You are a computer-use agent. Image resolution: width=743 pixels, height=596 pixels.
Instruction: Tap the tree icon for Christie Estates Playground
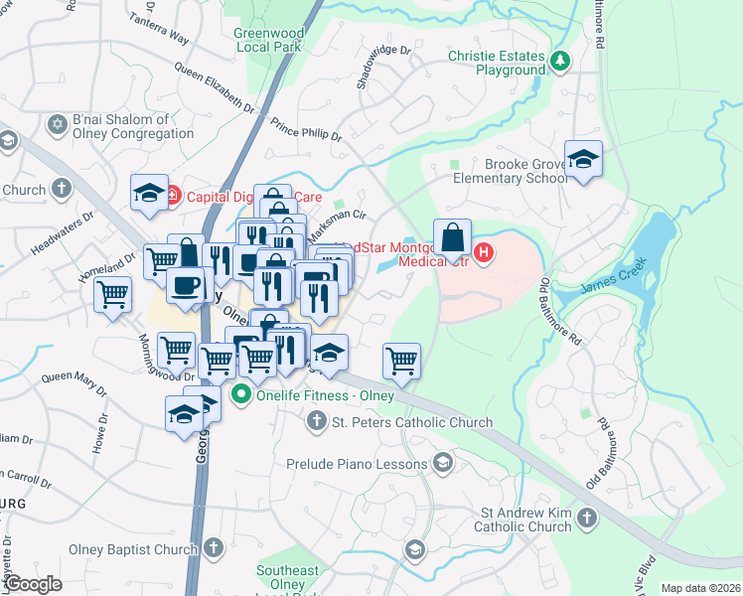[x=560, y=62]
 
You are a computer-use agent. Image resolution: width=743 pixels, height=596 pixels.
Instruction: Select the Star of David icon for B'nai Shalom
[x=57, y=124]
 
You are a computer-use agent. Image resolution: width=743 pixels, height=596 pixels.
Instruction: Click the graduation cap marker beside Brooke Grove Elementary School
[x=583, y=159]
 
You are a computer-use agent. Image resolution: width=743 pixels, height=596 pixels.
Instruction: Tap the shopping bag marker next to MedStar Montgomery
[x=452, y=238]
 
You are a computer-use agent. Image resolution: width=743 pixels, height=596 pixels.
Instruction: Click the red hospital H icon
[x=484, y=253]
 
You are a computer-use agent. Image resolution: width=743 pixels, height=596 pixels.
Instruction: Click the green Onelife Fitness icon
[x=240, y=395]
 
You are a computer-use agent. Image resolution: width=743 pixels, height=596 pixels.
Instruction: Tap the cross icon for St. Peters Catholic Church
[x=316, y=422]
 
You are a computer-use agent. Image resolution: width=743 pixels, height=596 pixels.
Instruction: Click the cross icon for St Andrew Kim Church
[x=587, y=518]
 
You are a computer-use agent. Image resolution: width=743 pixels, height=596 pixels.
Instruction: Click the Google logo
[x=33, y=584]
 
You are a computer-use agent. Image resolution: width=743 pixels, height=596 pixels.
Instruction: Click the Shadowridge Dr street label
[x=383, y=66]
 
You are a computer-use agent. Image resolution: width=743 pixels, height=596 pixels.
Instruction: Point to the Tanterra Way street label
[x=158, y=30]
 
